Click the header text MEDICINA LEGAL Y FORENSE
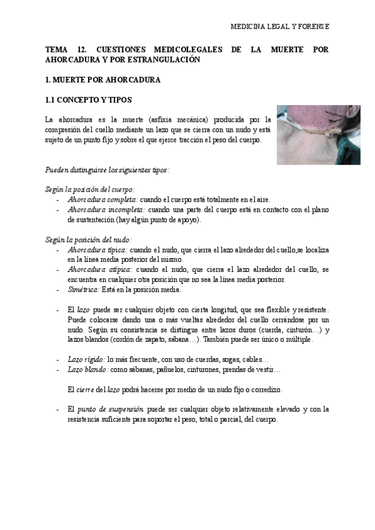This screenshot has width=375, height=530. point(280,28)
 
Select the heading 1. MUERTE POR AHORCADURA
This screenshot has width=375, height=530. point(103,81)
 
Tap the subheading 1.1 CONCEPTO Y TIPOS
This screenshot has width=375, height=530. point(88,100)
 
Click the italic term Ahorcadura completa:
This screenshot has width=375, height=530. point(102,199)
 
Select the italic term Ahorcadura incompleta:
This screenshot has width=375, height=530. point(106,209)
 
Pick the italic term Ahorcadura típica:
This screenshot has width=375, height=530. point(97,249)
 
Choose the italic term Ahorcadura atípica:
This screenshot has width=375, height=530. point(99,269)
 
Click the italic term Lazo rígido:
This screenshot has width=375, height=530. point(86,360)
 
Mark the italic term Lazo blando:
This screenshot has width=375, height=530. point(87,370)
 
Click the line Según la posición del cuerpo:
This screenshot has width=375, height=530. point(90,189)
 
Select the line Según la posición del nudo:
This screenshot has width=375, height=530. point(88,239)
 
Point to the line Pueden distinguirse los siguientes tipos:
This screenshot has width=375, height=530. point(107,169)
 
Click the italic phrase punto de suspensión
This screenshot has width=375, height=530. point(110,410)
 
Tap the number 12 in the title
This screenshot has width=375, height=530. point(81,49)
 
